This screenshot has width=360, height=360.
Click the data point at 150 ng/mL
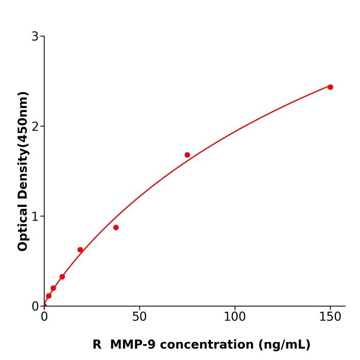(x=330, y=87)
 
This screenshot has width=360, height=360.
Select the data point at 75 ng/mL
(x=187, y=155)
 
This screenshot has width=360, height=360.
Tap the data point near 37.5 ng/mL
(x=116, y=227)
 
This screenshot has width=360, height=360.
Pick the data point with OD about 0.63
(x=80, y=250)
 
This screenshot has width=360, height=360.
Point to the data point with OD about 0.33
(x=62, y=277)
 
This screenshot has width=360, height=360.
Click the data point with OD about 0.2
(x=53, y=289)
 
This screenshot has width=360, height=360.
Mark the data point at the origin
(x=44, y=306)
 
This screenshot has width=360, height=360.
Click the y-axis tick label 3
(x=35, y=36)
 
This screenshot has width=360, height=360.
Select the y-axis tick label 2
(x=35, y=126)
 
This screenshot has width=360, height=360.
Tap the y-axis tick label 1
(x=35, y=216)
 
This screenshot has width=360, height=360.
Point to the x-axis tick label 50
(x=139, y=316)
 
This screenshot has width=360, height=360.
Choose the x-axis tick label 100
(x=235, y=316)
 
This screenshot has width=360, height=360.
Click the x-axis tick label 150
(x=330, y=316)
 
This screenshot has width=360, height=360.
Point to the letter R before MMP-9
(x=97, y=345)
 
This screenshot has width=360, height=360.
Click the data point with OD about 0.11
(x=48, y=296)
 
